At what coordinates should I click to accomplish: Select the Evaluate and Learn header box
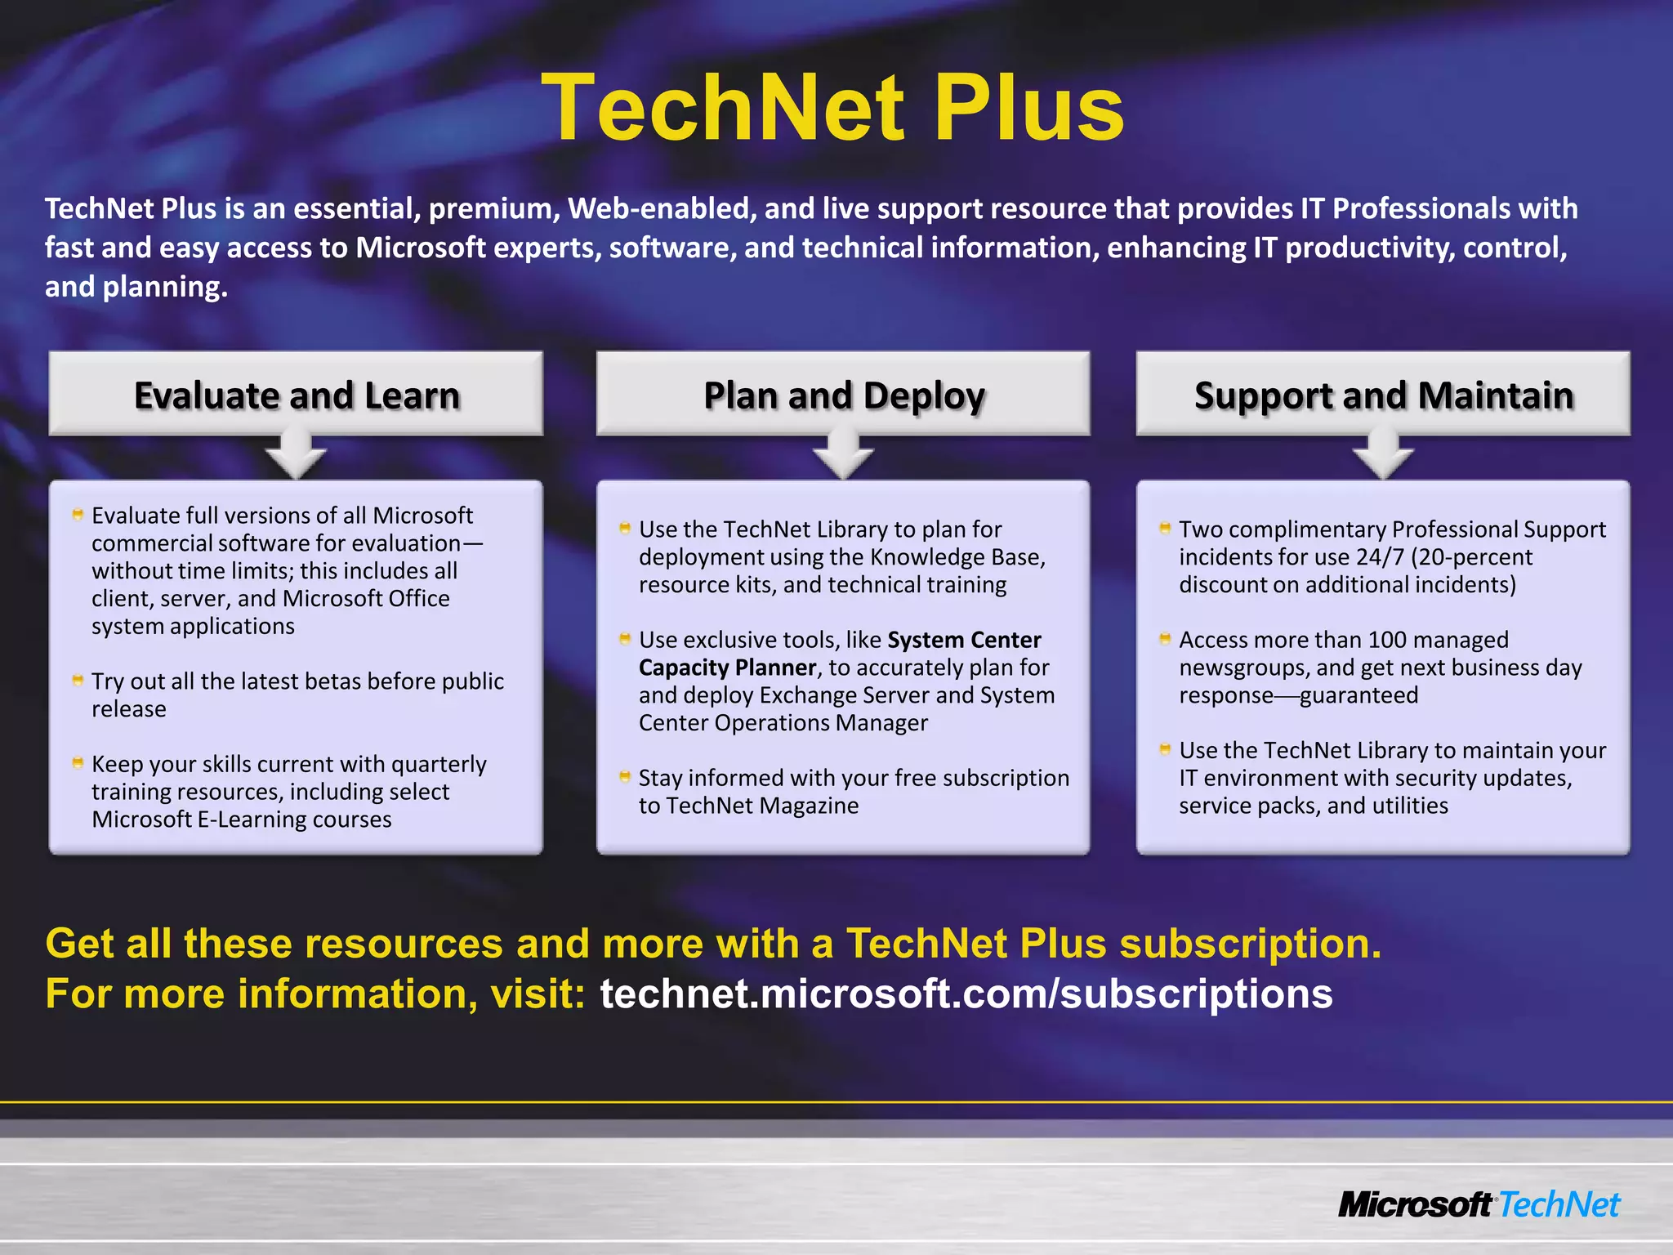coord(296,395)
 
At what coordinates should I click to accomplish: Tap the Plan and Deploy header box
coord(843,395)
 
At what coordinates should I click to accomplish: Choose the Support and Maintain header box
coord(1383,395)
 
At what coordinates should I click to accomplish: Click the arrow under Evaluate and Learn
coord(296,458)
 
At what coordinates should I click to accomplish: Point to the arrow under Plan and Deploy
coord(843,458)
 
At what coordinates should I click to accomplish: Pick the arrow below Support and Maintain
coord(1383,458)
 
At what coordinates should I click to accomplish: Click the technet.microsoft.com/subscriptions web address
coord(966,994)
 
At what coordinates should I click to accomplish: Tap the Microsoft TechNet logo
coord(1479,1204)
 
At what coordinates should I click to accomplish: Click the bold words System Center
coord(964,640)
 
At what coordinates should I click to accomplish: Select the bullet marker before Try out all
coord(78,680)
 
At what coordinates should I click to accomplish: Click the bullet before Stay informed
coord(625,776)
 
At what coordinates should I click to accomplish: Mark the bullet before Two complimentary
coord(1165,528)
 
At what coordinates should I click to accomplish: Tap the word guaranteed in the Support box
coord(1358,695)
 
